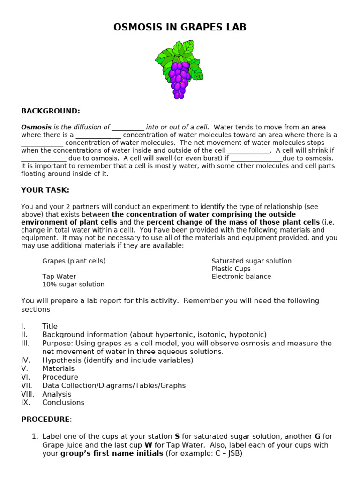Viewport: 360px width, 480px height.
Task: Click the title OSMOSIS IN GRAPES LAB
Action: pos(180,28)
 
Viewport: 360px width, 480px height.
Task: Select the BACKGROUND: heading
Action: pos(51,111)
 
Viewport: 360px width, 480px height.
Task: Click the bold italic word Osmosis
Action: pos(36,127)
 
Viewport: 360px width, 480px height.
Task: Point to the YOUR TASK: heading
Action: pos(45,190)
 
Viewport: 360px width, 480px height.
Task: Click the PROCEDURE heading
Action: pos(45,420)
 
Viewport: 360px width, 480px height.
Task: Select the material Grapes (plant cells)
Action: pos(74,261)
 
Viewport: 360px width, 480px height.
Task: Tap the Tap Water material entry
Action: pos(59,277)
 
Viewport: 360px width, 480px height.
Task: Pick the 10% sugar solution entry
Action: pos(73,285)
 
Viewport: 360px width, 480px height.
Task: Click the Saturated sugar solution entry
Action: pos(251,261)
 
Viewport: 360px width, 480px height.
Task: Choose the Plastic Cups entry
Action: pos(231,269)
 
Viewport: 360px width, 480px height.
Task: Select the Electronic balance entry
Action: pos(241,277)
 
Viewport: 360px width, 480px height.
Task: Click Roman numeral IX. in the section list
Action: pos(25,403)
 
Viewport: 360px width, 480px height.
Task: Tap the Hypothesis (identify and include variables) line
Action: pos(118,360)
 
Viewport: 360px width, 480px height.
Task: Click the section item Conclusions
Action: pos(63,403)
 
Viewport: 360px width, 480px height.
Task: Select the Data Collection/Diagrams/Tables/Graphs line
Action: pos(114,386)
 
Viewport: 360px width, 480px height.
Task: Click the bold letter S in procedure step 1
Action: pos(177,436)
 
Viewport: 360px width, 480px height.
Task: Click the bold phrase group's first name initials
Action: pos(112,454)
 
